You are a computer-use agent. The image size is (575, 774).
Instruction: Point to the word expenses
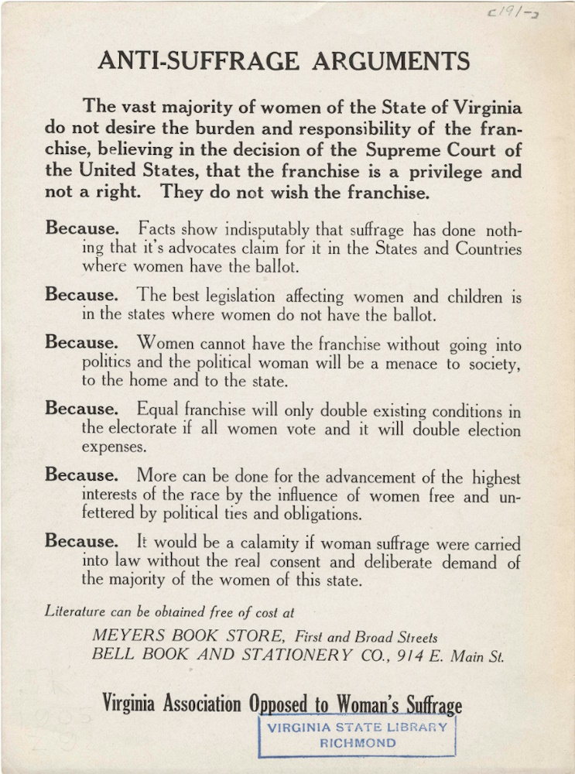pos(114,447)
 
